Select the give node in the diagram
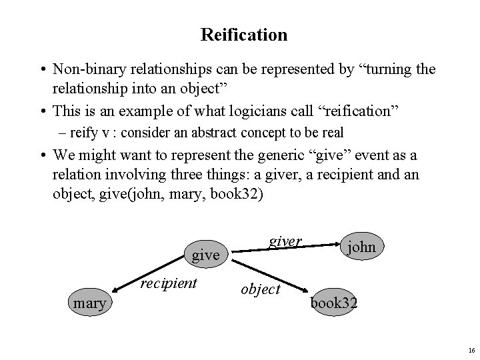(x=205, y=255)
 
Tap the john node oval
(x=362, y=247)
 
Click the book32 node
(x=333, y=303)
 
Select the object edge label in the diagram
(x=260, y=289)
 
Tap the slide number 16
(x=471, y=350)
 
